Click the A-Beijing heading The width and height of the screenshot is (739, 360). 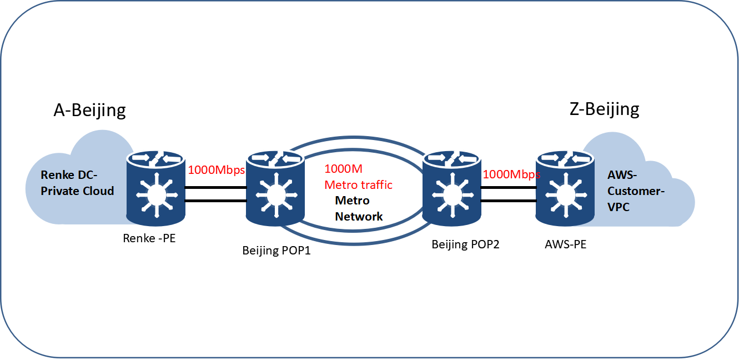pos(89,110)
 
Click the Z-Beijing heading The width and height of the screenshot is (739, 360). pos(604,109)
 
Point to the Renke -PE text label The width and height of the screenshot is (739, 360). pos(149,239)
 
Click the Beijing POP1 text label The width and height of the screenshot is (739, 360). pos(276,251)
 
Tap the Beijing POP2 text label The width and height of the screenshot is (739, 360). pos(465,244)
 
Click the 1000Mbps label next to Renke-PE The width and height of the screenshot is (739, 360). pos(216,171)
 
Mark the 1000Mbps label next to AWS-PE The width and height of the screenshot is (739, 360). pos(511,174)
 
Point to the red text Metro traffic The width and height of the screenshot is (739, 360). pos(358,184)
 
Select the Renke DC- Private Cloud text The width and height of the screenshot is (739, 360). pos(77,183)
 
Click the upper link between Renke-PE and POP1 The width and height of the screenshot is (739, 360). pos(215,187)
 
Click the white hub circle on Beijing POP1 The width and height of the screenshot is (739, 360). pos(275,194)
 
